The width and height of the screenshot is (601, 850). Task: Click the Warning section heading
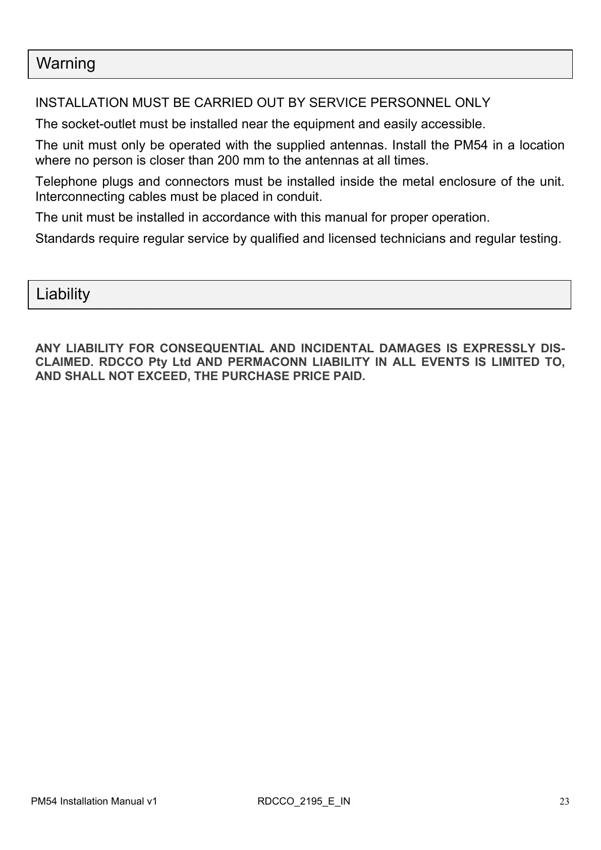66,64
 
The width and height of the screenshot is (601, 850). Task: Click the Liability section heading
63,294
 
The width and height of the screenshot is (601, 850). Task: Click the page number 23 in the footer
565,802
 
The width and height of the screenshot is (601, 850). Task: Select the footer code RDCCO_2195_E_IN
304,802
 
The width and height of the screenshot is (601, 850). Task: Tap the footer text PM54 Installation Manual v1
94,802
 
